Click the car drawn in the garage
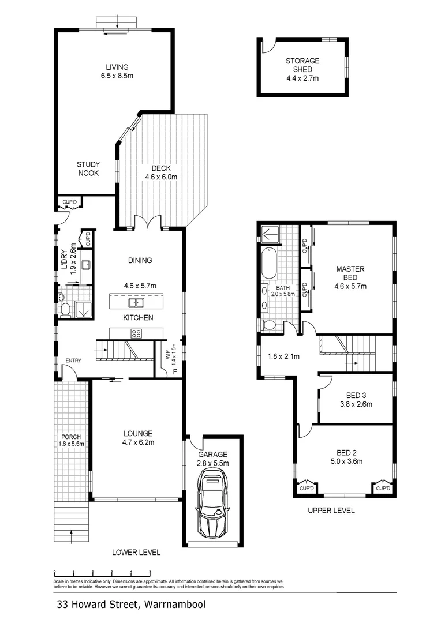(x=212, y=501)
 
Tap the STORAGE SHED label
(x=302, y=69)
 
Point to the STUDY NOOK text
(x=88, y=168)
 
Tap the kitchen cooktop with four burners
(x=137, y=333)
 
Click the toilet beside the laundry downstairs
(x=65, y=310)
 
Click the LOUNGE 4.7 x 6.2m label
(x=137, y=438)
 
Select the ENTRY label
(x=73, y=361)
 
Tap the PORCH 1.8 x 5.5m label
(x=71, y=440)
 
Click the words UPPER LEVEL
(x=331, y=511)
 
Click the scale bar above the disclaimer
(x=102, y=572)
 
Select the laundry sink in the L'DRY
(x=86, y=265)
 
